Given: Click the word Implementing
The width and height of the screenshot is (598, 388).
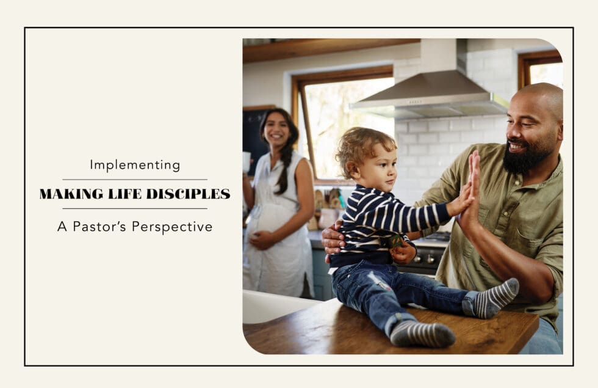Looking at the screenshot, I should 135,165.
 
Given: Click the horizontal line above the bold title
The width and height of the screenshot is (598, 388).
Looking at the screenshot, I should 135,180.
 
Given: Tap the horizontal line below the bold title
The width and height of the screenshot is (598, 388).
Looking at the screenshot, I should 135,209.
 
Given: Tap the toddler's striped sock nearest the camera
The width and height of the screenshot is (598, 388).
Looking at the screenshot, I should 422,334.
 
